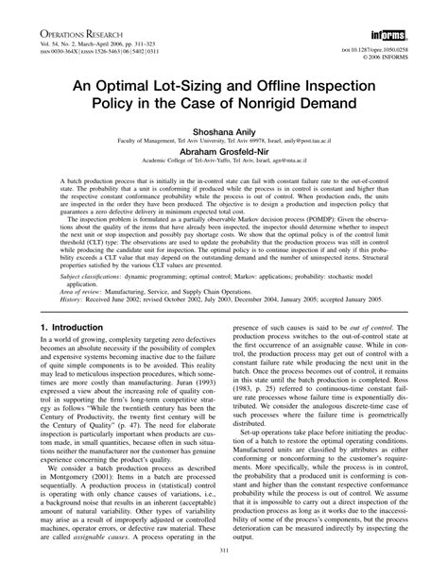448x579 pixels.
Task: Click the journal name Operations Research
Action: point(61,17)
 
